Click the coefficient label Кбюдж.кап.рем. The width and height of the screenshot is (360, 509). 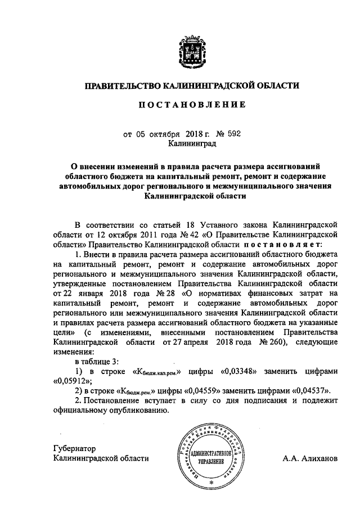coord(155,372)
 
